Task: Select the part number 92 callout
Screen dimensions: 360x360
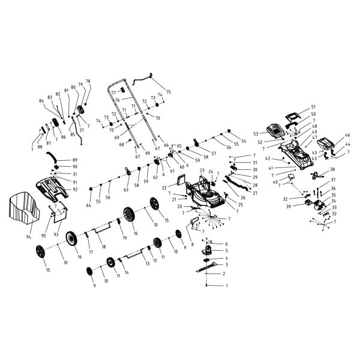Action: coord(75,190)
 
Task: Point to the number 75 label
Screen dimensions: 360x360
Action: coord(169,92)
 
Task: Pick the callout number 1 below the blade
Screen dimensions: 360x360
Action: coord(226,286)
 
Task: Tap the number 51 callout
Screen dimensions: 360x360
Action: coord(313,107)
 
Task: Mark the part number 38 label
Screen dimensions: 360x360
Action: coord(333,170)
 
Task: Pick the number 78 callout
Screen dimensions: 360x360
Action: coord(88,81)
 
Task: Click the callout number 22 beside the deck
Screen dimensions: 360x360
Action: coord(164,188)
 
